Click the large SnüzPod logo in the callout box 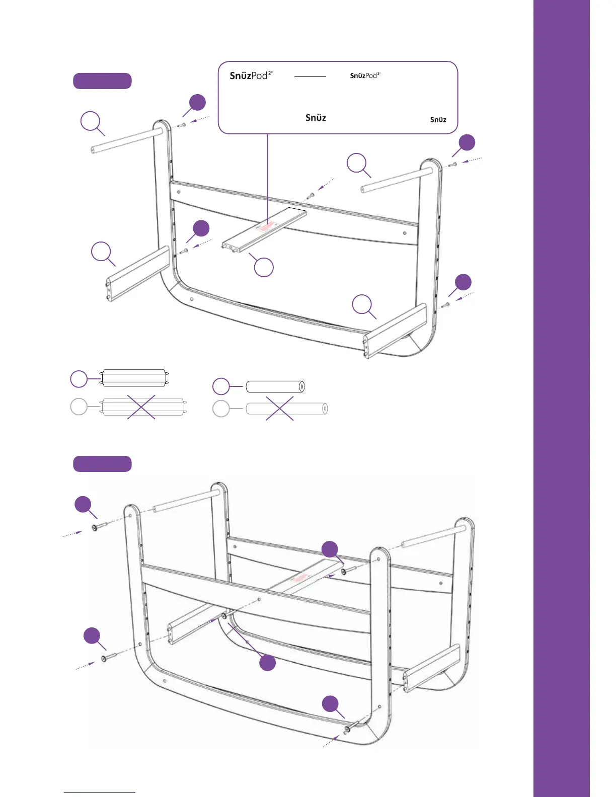(x=251, y=75)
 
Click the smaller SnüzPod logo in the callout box (x=365, y=75)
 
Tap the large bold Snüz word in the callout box (x=316, y=118)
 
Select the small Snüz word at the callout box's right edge (x=438, y=120)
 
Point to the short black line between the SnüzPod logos (x=310, y=77)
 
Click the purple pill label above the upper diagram (x=102, y=81)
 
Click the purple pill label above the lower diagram (x=102, y=464)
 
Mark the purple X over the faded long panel (x=141, y=407)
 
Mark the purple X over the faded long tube (x=279, y=408)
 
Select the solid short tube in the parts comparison (x=275, y=386)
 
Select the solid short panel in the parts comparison (x=134, y=378)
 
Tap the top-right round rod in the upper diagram (x=396, y=181)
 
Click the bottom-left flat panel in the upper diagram (x=137, y=274)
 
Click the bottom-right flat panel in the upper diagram (x=396, y=331)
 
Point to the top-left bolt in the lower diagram (x=99, y=526)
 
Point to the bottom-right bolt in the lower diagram (x=351, y=727)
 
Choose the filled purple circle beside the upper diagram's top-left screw (x=197, y=102)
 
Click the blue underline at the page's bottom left (x=100, y=792)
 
